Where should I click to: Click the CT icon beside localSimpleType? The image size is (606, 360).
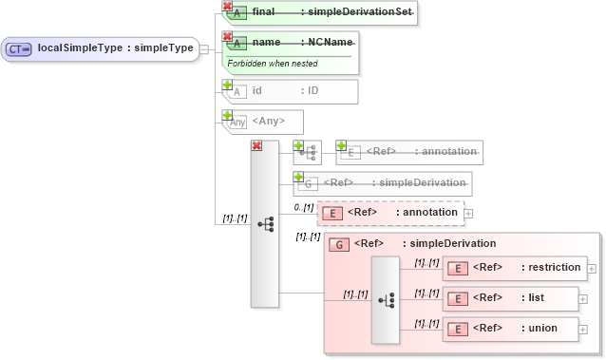19,48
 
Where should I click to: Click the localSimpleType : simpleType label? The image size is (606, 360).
115,47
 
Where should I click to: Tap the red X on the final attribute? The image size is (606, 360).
227,6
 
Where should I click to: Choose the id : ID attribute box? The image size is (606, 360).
290,91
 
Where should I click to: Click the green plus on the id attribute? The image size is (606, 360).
227,85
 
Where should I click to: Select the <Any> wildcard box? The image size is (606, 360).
262,122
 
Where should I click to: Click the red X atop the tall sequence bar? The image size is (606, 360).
256,145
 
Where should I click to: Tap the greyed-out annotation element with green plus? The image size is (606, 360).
408,152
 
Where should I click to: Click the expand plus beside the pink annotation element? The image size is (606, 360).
468,213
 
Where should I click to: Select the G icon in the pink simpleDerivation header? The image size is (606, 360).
337,244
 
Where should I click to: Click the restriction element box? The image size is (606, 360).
514,268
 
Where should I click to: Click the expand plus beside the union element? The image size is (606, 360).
583,329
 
